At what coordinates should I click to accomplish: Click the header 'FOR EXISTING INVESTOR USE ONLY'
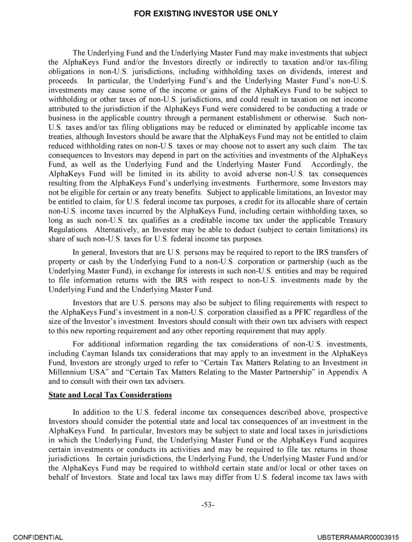[205, 14]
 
